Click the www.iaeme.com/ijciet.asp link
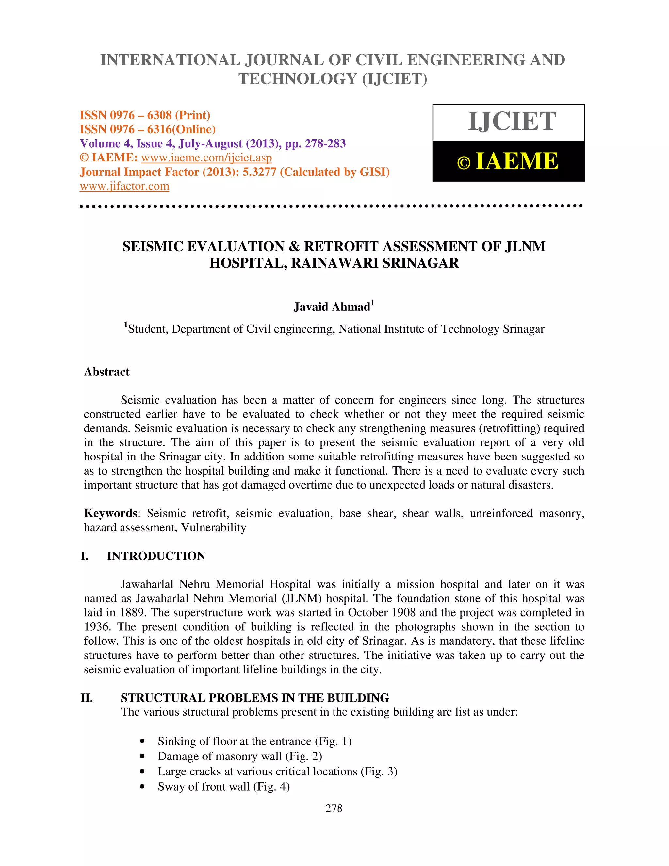pos(206,158)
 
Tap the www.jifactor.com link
pos(124,186)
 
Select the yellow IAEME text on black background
pos(516,161)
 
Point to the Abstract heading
pos(106,372)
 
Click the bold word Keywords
pos(110,513)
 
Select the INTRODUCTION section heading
pos(156,556)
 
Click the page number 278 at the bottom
pos(334,808)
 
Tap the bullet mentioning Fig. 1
pos(254,741)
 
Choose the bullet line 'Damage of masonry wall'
pos(240,756)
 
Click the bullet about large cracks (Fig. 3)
pos(277,771)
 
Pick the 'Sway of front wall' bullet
pos(223,786)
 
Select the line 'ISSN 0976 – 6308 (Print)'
pos(145,115)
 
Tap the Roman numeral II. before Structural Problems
pos(87,698)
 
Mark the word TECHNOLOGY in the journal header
pos(298,79)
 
